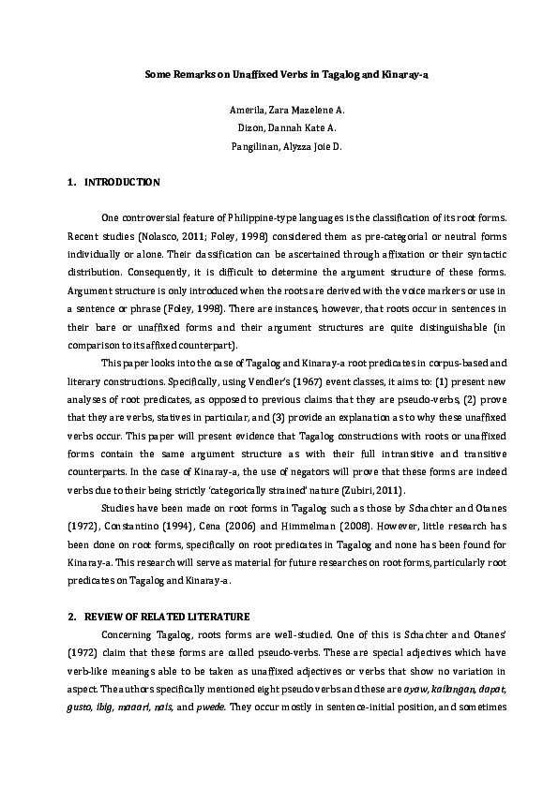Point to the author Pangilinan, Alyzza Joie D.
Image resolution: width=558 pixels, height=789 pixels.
tap(279, 146)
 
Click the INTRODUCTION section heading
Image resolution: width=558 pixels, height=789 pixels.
tap(122, 182)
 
